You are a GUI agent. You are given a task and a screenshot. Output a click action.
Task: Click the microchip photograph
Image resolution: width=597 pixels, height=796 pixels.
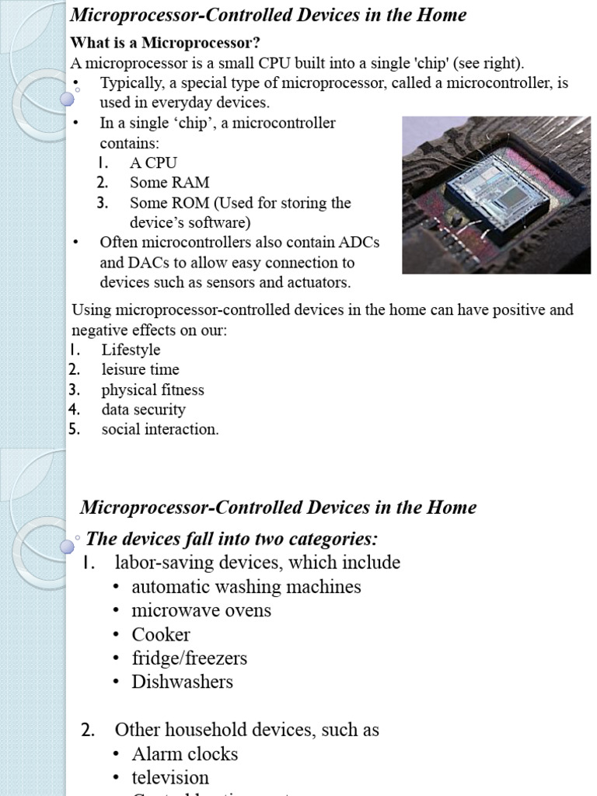click(x=496, y=194)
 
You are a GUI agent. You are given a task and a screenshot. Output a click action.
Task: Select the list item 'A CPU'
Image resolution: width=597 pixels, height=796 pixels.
click(x=153, y=162)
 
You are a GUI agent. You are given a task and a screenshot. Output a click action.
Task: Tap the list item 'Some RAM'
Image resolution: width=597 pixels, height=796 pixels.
click(x=169, y=183)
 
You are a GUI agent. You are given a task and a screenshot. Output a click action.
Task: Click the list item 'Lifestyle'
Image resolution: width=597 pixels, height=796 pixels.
click(x=131, y=350)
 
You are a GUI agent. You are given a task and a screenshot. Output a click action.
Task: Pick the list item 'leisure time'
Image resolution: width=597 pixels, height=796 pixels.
click(x=140, y=370)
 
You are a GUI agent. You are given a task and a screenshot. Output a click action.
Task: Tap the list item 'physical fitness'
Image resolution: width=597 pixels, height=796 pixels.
click(x=152, y=389)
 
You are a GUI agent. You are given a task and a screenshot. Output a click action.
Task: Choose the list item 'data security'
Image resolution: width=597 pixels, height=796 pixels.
click(x=143, y=410)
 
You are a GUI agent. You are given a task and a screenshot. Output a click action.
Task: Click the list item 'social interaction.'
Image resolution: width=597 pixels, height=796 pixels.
click(x=160, y=429)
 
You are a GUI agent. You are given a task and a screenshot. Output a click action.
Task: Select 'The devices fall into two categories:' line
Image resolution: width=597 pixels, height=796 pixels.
click(x=232, y=539)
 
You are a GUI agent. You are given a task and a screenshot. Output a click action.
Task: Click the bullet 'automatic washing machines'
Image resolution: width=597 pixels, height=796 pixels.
click(x=246, y=587)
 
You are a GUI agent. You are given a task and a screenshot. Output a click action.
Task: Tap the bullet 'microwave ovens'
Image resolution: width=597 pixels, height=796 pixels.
click(x=201, y=610)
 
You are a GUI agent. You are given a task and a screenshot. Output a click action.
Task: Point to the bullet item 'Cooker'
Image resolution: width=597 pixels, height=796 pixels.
click(x=161, y=634)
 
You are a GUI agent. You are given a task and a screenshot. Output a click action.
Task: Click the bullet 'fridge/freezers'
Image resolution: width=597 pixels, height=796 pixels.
click(x=189, y=658)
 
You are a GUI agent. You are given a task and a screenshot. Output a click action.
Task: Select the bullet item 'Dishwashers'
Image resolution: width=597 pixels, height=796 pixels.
click(x=182, y=682)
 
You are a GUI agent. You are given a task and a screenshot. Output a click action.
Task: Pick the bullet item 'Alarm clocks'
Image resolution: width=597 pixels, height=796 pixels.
click(x=185, y=754)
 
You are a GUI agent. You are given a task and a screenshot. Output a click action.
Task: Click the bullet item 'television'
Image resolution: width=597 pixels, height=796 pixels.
click(x=170, y=777)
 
